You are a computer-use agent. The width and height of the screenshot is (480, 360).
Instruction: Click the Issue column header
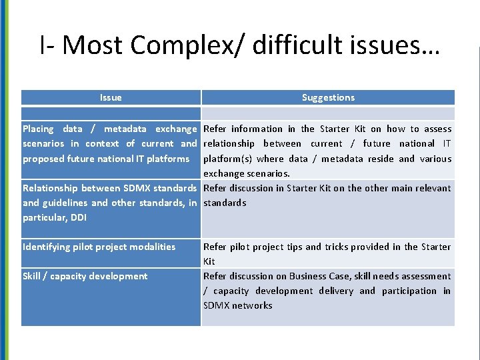pos(111,97)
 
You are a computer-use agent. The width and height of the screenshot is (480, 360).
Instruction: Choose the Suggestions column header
pos(328,97)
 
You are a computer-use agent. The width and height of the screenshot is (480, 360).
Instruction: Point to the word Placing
pos(38,129)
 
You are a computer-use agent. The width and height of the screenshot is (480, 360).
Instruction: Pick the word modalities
pos(154,247)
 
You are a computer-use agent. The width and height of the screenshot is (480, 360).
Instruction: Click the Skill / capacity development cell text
pos(85,276)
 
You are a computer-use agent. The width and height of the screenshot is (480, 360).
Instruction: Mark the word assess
pos(439,129)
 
